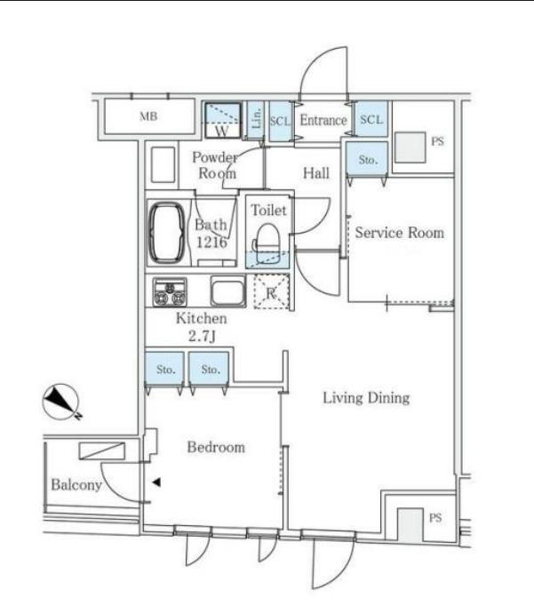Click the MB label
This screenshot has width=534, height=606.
pos(148,116)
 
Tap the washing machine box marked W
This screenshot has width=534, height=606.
pos(222,120)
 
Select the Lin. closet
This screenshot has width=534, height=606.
pos(255,120)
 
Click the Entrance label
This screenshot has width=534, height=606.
pos(323,120)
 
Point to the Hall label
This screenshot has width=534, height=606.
pos(316,173)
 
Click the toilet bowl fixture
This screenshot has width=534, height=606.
pos(267,237)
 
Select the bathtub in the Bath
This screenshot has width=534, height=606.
pos(167,233)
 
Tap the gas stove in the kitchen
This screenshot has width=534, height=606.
pos(170,292)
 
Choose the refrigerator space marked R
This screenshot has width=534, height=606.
pos(271,291)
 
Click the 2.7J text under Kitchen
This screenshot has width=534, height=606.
pos(202,336)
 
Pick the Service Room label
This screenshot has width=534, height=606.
pos(400,233)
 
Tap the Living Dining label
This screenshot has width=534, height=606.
pos(366,398)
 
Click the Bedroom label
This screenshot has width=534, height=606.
pos(216,447)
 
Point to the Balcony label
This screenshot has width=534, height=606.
pos(76,484)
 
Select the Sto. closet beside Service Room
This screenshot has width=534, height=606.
pos(367,159)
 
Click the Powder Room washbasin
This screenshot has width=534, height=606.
pos(163,164)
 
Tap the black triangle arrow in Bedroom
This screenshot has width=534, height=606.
pos(156,482)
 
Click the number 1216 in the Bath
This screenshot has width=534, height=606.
pos(211,243)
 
